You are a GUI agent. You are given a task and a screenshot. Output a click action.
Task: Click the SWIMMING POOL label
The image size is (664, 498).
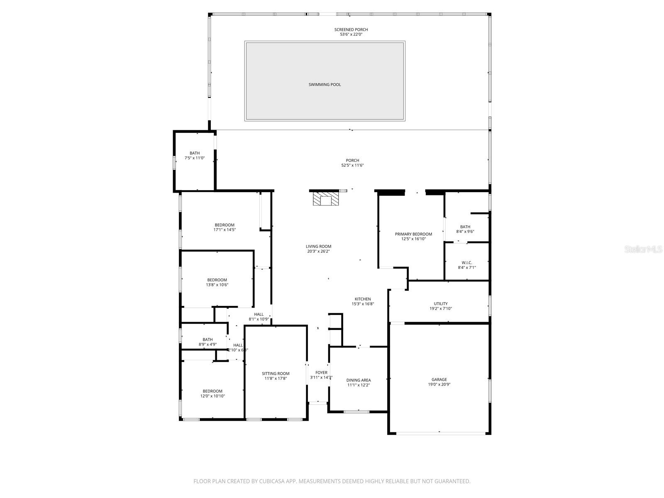[x=325, y=85]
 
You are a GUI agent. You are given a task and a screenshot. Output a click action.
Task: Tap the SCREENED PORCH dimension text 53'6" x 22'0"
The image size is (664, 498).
[x=351, y=34]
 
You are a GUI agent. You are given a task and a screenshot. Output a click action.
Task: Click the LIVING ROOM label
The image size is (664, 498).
[x=319, y=246]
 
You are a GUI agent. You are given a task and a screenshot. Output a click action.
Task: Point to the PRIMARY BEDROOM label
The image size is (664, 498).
[x=413, y=234]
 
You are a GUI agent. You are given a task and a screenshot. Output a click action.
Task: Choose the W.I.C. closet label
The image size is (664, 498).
[x=467, y=263]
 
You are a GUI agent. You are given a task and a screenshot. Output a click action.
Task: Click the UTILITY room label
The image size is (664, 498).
[x=441, y=304]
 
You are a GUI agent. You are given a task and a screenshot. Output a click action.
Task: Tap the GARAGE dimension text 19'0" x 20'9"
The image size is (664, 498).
[x=439, y=384]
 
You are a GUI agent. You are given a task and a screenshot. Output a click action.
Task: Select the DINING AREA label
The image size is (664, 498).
[x=359, y=380]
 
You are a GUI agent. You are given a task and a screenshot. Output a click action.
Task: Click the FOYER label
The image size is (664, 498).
[x=321, y=373]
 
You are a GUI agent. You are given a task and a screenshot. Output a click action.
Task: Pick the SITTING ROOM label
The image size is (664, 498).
[x=276, y=373]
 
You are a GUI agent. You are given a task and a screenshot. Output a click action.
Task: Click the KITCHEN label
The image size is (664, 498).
[x=363, y=299]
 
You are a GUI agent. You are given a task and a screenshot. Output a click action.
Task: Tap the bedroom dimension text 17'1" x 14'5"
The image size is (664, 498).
[x=225, y=229]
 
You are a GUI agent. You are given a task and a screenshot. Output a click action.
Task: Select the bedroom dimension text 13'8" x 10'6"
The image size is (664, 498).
[x=217, y=285]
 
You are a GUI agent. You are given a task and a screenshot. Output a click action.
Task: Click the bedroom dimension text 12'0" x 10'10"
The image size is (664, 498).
[x=212, y=396]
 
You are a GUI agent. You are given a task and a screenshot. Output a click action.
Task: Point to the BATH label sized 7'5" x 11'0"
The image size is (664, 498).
[x=195, y=153]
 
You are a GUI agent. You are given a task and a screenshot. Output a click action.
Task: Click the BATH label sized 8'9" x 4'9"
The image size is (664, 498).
[x=207, y=339]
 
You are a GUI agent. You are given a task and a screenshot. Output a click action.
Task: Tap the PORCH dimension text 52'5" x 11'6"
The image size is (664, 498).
[x=352, y=165]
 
